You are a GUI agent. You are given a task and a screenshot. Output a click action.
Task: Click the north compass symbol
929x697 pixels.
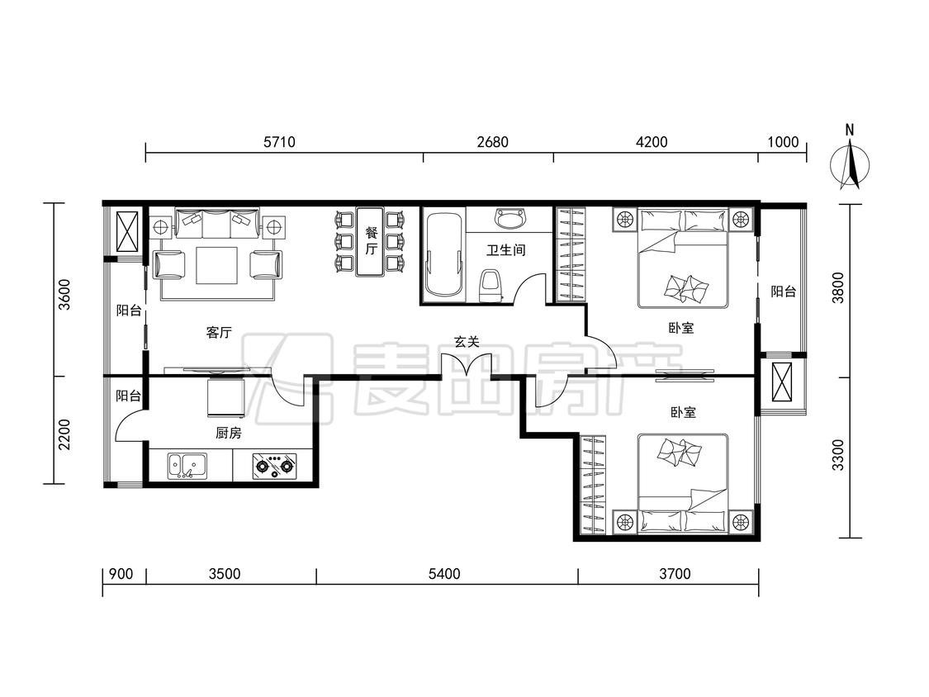(x=851, y=163)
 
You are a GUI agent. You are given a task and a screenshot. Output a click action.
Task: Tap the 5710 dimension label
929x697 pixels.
(x=279, y=142)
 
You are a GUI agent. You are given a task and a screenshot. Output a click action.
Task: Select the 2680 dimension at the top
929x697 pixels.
(x=492, y=142)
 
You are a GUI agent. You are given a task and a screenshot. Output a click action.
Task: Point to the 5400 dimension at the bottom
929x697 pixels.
(x=443, y=574)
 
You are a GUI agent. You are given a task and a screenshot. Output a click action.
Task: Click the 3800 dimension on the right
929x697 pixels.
(x=837, y=287)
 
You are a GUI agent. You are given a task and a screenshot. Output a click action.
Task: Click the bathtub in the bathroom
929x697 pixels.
(x=443, y=254)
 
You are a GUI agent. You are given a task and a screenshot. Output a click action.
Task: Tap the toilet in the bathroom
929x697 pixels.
(x=490, y=286)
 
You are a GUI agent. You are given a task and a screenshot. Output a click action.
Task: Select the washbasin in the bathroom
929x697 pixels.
(x=510, y=218)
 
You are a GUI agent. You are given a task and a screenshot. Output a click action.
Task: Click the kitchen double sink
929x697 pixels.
(x=187, y=466)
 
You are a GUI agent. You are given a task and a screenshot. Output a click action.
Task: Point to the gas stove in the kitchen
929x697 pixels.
(x=274, y=466)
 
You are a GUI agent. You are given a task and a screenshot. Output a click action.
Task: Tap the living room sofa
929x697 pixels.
(x=218, y=224)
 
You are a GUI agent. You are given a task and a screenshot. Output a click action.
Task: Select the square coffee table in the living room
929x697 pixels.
(x=217, y=266)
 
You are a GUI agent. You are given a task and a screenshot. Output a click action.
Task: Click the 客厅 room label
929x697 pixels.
(x=219, y=333)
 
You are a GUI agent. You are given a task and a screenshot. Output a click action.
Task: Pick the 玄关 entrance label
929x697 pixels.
(x=467, y=342)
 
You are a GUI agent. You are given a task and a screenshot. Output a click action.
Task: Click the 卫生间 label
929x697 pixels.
(x=506, y=250)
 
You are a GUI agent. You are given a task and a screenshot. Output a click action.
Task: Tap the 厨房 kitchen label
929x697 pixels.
(x=228, y=434)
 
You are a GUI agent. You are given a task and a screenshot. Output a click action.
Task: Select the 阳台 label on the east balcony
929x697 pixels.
(x=784, y=292)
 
